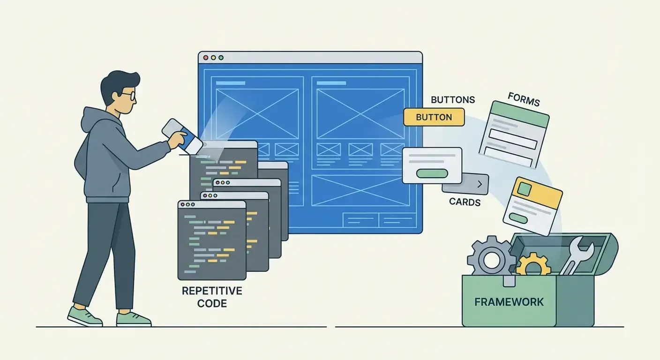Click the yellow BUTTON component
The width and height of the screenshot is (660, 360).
click(x=434, y=117)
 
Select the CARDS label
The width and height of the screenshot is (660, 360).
click(x=465, y=202)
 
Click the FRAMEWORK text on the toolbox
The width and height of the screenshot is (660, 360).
click(x=509, y=301)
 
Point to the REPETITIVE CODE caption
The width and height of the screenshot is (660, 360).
click(x=212, y=297)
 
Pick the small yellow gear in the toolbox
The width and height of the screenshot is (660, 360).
click(x=533, y=266)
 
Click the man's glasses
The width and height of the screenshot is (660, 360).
click(x=128, y=96)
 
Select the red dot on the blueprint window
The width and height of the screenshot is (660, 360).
click(x=205, y=58)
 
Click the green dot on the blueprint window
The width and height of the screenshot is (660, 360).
click(x=221, y=58)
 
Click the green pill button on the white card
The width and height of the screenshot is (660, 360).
click(x=432, y=173)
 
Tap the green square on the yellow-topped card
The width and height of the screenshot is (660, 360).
click(x=524, y=189)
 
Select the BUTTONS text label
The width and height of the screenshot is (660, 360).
click(x=452, y=100)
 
